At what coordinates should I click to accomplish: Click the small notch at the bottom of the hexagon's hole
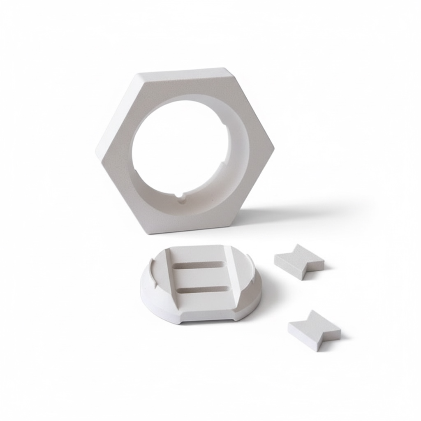click(x=180, y=196)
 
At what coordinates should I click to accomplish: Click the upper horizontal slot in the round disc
click(x=200, y=265)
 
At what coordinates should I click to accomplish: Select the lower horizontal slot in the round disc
click(x=202, y=289)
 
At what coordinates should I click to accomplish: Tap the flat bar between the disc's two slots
click(x=201, y=277)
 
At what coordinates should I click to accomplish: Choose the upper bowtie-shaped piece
click(x=299, y=261)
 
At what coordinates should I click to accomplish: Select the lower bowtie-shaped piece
click(x=314, y=330)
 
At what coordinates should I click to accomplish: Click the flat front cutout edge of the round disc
click(x=208, y=319)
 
